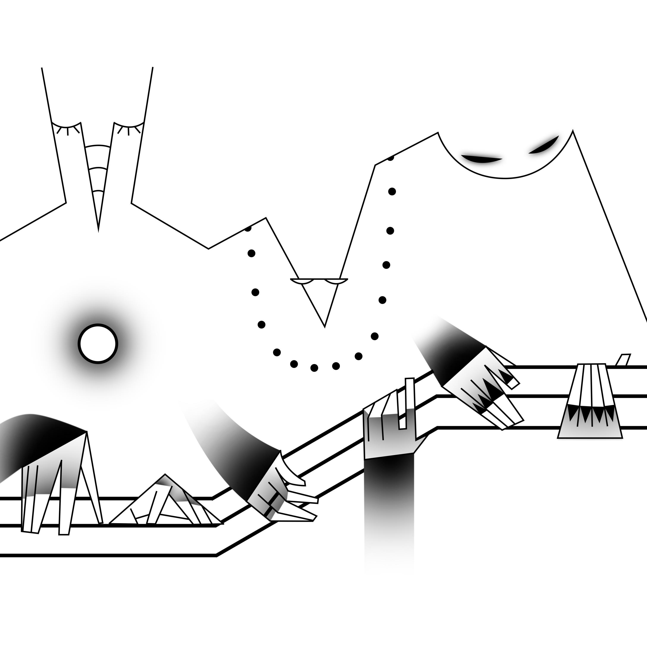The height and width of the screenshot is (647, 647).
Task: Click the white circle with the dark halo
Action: (x=98, y=344)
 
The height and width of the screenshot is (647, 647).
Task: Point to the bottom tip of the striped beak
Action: (x=98, y=230)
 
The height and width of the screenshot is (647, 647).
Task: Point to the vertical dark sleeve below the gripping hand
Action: (x=388, y=496)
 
